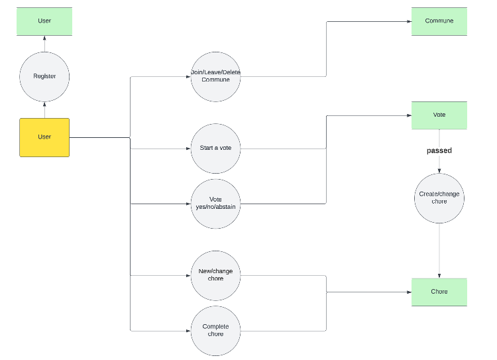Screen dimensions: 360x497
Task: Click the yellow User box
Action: [44, 137]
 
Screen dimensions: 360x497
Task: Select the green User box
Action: [44, 21]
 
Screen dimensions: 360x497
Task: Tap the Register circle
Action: [44, 76]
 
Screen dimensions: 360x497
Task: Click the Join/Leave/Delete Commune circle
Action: [215, 76]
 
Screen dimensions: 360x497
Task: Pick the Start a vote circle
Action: [215, 148]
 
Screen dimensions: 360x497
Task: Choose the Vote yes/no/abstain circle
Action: [215, 204]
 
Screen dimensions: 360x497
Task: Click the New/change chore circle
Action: [215, 274]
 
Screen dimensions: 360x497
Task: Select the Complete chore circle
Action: [215, 330]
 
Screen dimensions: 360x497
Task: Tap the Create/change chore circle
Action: [439, 198]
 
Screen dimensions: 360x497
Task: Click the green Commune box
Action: [439, 21]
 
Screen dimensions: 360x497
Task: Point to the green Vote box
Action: [439, 115]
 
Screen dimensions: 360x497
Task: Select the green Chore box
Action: [439, 292]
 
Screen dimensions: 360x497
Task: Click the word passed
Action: [439, 151]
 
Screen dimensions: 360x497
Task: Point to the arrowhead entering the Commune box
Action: [408, 21]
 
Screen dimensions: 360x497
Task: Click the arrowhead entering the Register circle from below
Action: [44, 104]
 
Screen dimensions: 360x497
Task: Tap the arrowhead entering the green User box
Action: [44, 38]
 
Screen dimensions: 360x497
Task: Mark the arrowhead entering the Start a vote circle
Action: [188, 149]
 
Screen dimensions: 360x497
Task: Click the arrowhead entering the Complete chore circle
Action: [188, 330]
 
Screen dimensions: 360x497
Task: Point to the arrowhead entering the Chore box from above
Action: [439, 276]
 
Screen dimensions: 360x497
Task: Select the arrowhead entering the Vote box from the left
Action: [408, 115]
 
